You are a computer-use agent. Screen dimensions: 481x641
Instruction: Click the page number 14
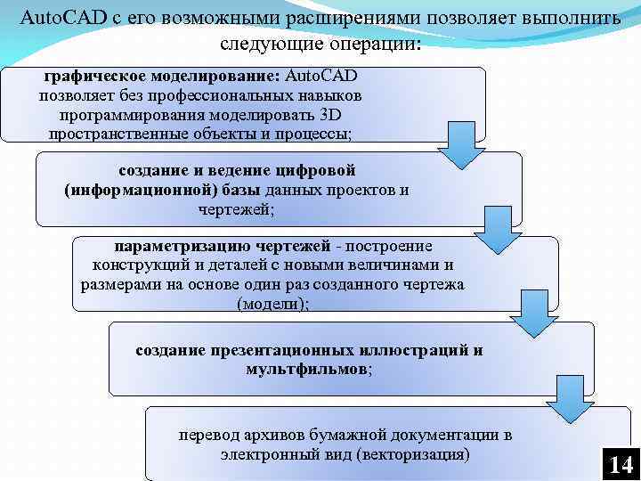620,464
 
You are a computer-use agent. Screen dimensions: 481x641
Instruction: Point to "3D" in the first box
341,115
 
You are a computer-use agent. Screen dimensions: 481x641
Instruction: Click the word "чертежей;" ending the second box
236,209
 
